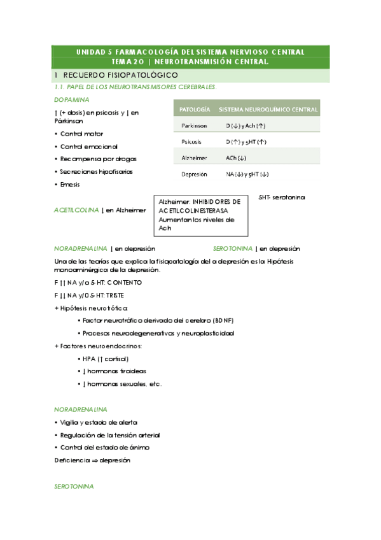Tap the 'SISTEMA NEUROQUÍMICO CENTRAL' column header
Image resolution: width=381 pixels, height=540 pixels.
pyautogui.click(x=268, y=110)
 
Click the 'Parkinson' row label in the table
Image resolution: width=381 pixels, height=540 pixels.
pyautogui.click(x=194, y=126)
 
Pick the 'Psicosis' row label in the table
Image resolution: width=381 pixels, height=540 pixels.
pyautogui.click(x=193, y=141)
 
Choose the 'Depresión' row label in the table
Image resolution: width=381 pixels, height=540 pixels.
pyautogui.click(x=194, y=174)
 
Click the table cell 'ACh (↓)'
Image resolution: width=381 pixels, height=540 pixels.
pyautogui.click(x=236, y=157)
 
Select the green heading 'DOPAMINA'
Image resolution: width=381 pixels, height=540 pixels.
pyautogui.click(x=71, y=100)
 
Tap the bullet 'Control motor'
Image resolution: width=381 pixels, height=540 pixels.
pyautogui.click(x=81, y=134)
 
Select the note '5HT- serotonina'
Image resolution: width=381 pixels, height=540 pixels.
pyautogui.click(x=282, y=197)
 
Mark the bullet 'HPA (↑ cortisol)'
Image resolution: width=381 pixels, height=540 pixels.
pyautogui.click(x=106, y=359)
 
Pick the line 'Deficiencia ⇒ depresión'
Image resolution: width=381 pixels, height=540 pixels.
pyautogui.click(x=92, y=460)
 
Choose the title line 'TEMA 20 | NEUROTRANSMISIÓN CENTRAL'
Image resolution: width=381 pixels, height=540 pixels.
pyautogui.click(x=190, y=62)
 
